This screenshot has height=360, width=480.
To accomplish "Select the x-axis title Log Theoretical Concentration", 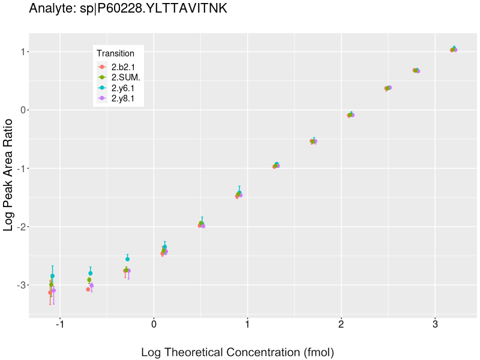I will click(x=237, y=352).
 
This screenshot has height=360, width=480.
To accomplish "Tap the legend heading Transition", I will click(x=115, y=53).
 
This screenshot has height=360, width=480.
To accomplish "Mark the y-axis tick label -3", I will click(x=17, y=285).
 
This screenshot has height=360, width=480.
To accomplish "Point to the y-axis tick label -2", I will click(x=17, y=227).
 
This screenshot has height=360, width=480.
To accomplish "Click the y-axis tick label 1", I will click(x=19, y=52).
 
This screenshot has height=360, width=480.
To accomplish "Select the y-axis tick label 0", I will click(x=19, y=110).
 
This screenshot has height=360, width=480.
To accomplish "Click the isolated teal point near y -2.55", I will click(x=127, y=259).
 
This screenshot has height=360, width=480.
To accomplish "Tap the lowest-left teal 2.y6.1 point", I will click(x=52, y=276).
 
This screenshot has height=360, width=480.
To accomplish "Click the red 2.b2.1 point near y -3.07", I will click(x=88, y=289).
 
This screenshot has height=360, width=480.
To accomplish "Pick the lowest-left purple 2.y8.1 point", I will click(x=53, y=290).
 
